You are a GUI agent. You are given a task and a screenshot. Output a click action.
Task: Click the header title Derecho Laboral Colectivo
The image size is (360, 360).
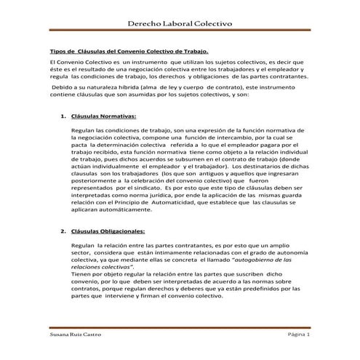[180, 25]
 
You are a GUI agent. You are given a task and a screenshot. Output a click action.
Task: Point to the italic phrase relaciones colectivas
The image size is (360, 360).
[103, 267]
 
